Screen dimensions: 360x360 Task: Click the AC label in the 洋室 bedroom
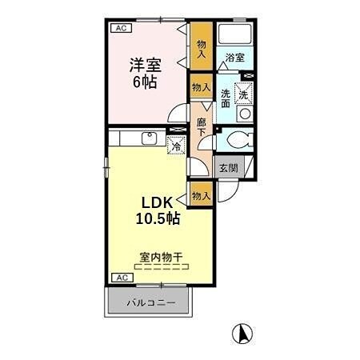(x=121, y=28)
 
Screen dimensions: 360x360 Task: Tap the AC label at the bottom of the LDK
(x=121, y=278)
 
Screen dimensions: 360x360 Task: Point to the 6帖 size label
(x=147, y=81)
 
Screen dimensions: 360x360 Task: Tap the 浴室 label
(x=234, y=58)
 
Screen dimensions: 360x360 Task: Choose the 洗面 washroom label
(x=226, y=98)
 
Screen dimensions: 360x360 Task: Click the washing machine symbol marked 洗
(x=244, y=93)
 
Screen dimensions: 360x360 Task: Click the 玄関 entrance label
(x=228, y=169)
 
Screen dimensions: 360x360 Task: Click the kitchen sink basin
(x=149, y=138)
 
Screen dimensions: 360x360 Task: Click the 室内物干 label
(x=162, y=258)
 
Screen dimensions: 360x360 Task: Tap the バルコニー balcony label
(x=150, y=304)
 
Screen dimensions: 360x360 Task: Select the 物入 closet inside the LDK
(x=200, y=195)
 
